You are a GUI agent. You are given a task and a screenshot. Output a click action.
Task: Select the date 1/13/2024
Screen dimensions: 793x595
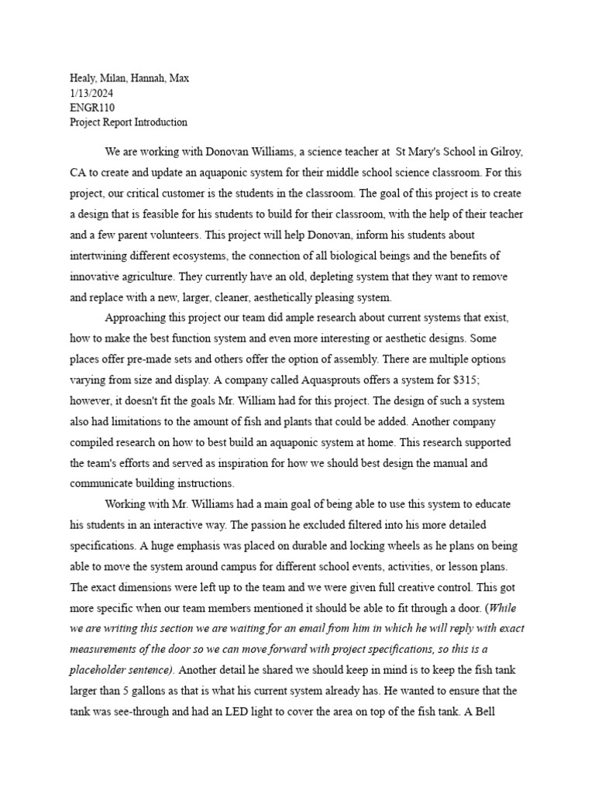[x=91, y=93]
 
